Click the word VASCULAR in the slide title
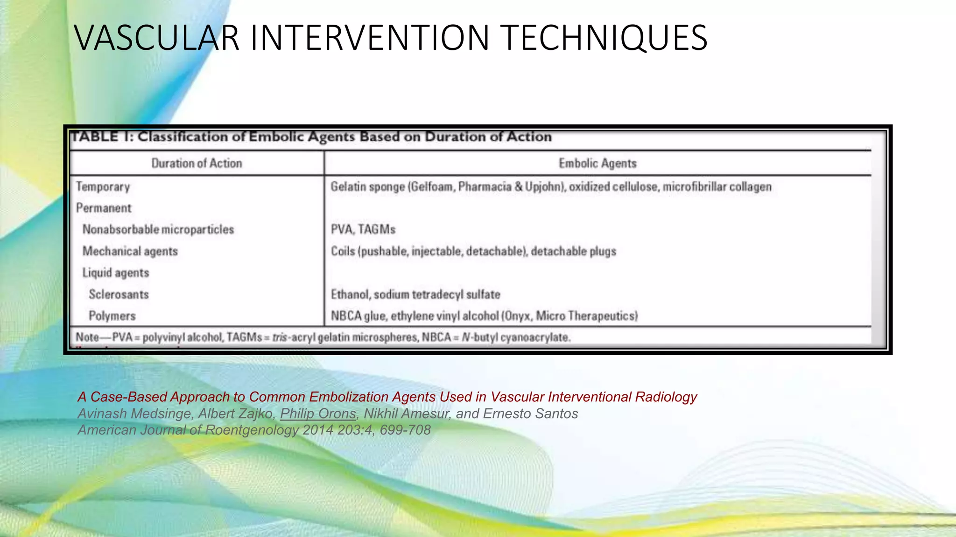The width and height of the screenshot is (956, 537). [157, 37]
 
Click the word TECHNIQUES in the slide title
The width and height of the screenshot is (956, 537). [605, 37]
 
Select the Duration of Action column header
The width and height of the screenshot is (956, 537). [197, 163]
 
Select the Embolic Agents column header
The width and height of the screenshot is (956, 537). [597, 163]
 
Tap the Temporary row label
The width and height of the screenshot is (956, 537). [103, 187]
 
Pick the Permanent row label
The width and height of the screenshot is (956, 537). [104, 208]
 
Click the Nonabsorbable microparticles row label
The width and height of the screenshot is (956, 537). [158, 229]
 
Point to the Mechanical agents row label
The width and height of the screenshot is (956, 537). [130, 251]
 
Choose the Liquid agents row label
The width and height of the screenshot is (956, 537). [116, 273]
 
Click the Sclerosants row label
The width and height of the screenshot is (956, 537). [119, 295]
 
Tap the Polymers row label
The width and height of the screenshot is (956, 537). [112, 316]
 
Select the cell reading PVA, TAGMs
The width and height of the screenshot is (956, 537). [363, 229]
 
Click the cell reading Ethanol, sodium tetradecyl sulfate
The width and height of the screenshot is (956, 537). [415, 295]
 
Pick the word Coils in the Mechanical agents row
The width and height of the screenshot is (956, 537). [343, 251]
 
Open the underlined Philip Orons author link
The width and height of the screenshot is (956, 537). [318, 413]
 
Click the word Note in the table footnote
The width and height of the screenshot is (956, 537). [87, 337]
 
